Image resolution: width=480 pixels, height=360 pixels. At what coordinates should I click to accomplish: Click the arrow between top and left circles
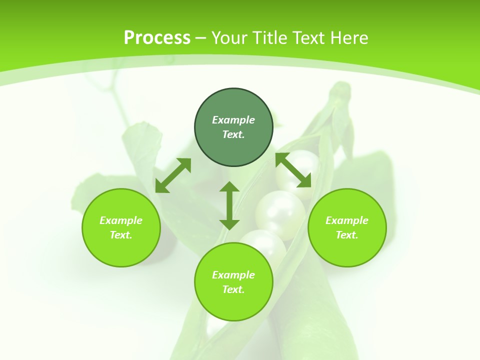coord(173,175)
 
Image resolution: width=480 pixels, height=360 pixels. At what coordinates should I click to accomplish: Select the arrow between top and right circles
coord(293,170)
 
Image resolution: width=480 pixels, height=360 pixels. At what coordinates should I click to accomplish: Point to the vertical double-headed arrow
coord(229,205)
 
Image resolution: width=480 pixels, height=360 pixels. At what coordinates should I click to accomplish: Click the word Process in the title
coord(157,37)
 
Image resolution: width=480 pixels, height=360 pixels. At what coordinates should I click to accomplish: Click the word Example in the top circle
coord(233,120)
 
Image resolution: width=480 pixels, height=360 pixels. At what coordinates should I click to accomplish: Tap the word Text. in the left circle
coord(121,235)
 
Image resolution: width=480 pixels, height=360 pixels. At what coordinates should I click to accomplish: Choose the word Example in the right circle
coord(347,220)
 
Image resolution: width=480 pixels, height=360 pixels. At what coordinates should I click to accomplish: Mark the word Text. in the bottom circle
coord(233,289)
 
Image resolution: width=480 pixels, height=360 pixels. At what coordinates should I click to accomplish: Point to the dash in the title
coord(200,38)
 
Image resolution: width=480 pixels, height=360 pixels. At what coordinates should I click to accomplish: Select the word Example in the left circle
coord(121,220)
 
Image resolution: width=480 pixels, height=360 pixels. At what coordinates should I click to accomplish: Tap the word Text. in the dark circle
coord(233,134)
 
